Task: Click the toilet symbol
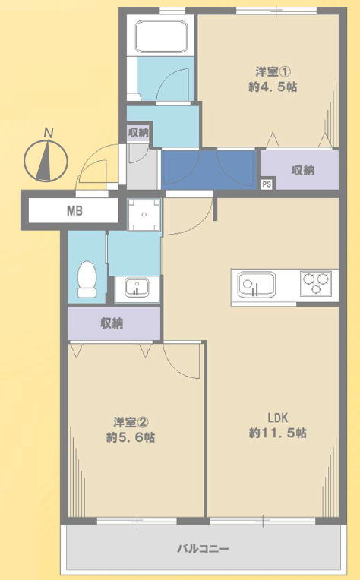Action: tap(87, 279)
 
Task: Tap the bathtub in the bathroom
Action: tap(162, 36)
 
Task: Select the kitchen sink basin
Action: tap(257, 285)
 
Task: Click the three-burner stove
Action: tap(316, 283)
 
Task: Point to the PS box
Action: tap(267, 184)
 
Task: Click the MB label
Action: tap(74, 211)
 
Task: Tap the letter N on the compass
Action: tap(48, 132)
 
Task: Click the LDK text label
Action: tap(278, 418)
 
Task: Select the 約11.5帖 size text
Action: tap(277, 433)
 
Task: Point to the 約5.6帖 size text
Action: tap(130, 437)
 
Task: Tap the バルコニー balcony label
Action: tap(203, 548)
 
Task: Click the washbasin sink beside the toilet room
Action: tap(137, 288)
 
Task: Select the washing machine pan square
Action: tap(144, 215)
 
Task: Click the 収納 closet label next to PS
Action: tap(302, 171)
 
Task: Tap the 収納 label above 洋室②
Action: tap(112, 323)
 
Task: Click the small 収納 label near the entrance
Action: tap(138, 132)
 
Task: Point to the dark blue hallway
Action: tap(209, 170)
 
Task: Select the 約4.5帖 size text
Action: tap(273, 87)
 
